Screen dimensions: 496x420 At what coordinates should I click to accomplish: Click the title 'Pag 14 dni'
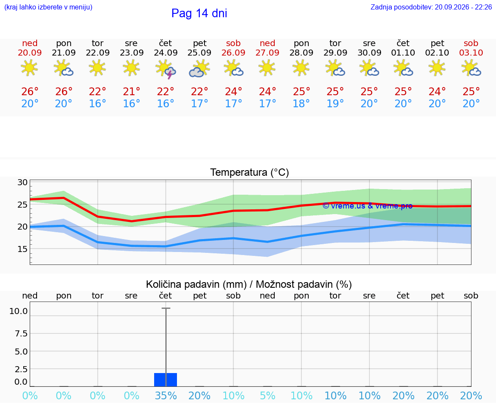[x=199, y=13]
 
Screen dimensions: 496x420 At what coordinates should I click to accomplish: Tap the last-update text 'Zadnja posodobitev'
[x=401, y=7]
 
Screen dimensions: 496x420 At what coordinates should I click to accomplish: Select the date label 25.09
[x=199, y=53]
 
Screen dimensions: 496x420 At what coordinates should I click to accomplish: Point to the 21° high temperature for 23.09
[x=132, y=91]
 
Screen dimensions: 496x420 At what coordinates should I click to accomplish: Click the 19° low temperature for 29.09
[x=335, y=103]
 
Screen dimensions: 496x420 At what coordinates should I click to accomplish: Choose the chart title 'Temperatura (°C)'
[x=250, y=172]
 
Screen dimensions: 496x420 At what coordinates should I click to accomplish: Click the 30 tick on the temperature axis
[x=22, y=182]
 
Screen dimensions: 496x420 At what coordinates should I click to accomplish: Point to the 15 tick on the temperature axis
[x=22, y=249]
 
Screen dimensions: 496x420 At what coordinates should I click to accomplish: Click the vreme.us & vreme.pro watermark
[x=368, y=206]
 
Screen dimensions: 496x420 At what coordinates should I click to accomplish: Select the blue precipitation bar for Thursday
[x=165, y=380]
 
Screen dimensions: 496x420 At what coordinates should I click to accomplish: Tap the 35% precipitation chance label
[x=166, y=395]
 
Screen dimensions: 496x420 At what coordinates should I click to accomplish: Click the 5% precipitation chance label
[x=268, y=395]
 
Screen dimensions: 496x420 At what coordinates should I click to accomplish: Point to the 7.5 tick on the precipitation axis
[x=21, y=333]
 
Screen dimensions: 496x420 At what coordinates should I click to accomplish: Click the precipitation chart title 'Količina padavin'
[x=196, y=284]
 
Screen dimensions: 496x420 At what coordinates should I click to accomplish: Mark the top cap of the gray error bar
[x=166, y=308]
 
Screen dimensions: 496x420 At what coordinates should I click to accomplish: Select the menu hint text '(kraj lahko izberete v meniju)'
[x=48, y=7]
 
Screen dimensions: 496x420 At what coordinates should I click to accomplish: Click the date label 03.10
[x=471, y=53]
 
